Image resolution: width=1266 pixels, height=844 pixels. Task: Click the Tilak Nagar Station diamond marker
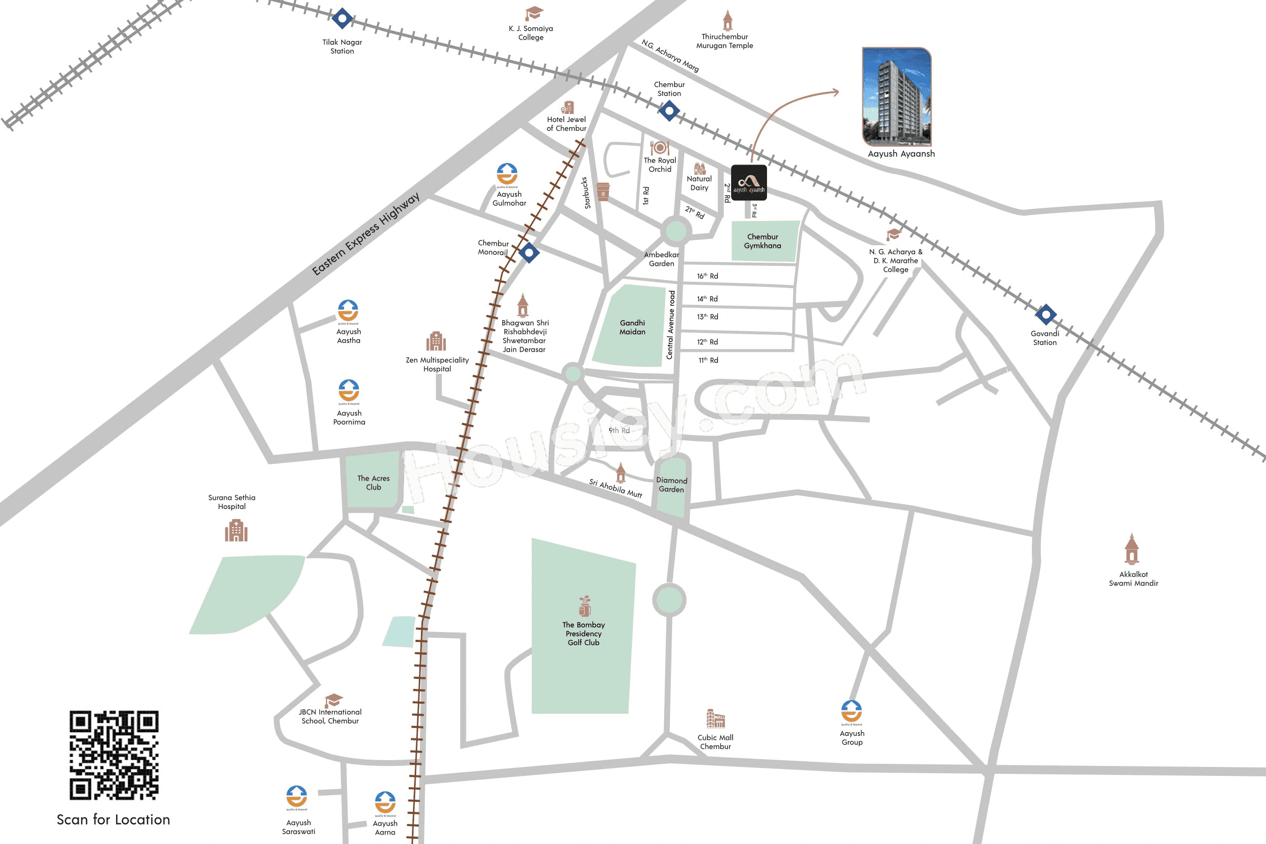pyautogui.click(x=342, y=19)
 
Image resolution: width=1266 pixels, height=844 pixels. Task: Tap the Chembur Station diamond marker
pyautogui.click(x=669, y=111)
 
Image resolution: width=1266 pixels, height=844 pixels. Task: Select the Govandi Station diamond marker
pyautogui.click(x=1046, y=314)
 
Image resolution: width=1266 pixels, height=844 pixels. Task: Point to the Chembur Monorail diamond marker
pyautogui.click(x=529, y=252)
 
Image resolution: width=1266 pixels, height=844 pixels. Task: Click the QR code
pyautogui.click(x=113, y=755)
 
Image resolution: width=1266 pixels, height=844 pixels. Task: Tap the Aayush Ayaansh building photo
pyautogui.click(x=897, y=97)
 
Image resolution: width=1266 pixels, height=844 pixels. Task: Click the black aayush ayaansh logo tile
pyautogui.click(x=749, y=183)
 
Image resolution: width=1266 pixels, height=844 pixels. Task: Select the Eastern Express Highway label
pyautogui.click(x=366, y=234)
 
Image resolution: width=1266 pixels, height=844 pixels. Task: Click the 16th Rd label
pyautogui.click(x=707, y=276)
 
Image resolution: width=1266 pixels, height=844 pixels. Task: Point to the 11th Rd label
pyautogui.click(x=708, y=360)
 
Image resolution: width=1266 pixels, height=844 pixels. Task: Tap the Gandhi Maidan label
pyautogui.click(x=632, y=327)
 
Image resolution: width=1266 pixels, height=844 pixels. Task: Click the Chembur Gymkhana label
pyautogui.click(x=762, y=241)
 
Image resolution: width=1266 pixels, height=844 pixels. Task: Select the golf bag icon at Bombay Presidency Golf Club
pyautogui.click(x=584, y=606)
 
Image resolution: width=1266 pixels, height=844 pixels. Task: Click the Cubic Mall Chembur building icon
pyautogui.click(x=715, y=718)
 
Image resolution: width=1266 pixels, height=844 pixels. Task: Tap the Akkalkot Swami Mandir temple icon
pyautogui.click(x=1132, y=549)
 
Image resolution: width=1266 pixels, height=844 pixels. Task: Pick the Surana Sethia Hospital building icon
pyautogui.click(x=236, y=530)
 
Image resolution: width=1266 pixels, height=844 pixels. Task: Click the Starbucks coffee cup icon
pyautogui.click(x=603, y=191)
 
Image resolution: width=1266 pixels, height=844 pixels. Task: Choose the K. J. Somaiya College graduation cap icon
pyautogui.click(x=533, y=13)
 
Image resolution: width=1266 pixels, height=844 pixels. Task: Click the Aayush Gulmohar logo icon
pyautogui.click(x=507, y=175)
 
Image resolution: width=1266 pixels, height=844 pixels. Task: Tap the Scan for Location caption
pyautogui.click(x=113, y=819)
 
